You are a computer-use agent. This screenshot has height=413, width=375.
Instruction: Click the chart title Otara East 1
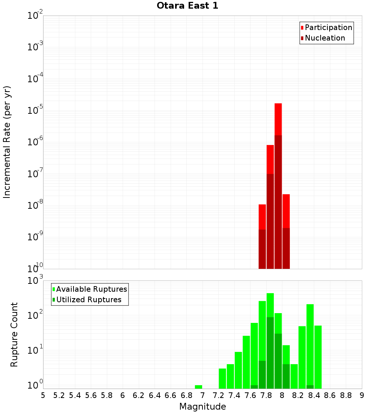pos(187,6)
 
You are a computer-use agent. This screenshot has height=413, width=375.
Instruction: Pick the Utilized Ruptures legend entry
pos(88,300)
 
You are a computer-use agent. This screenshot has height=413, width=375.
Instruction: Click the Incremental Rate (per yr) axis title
pos(7,142)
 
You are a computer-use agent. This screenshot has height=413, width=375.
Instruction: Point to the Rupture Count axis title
pos(14,335)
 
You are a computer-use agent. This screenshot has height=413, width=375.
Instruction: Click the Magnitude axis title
pos(202,407)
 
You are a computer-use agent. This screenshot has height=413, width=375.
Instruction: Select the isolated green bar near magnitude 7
pos(198,387)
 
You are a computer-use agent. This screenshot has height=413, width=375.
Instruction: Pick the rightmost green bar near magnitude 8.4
pos(318,357)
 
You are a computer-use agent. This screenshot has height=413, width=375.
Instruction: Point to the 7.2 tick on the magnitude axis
pos(218,395)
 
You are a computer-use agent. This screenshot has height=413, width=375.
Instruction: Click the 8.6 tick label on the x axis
pos(330,395)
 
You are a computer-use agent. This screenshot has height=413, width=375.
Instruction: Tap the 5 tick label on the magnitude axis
pos(43,395)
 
